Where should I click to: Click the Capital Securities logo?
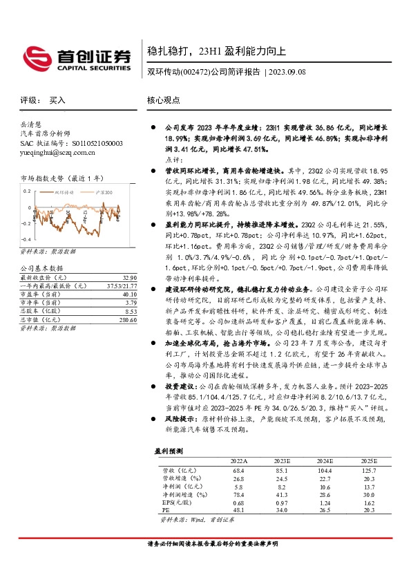click(x=77, y=56)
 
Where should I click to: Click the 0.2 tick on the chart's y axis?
click(x=26, y=189)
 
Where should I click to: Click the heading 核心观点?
click(x=163, y=100)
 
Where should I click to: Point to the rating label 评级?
click(x=29, y=100)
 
